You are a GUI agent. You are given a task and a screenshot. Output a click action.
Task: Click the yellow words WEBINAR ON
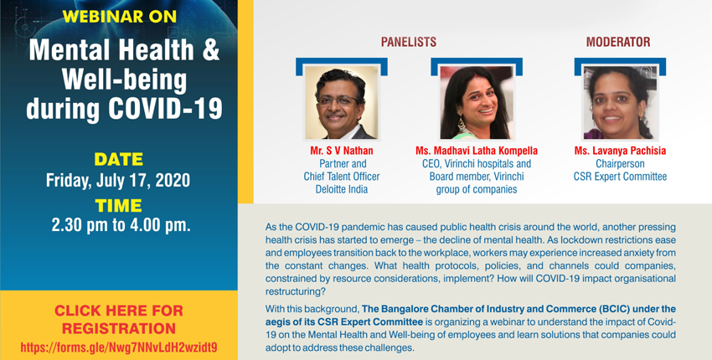point(120,17)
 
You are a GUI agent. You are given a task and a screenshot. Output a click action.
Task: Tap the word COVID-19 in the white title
point(165,109)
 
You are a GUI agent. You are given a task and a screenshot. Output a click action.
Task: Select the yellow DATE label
point(118,159)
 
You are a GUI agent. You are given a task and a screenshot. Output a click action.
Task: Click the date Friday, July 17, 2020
point(118,180)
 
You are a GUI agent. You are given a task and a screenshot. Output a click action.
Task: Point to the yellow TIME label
point(118,206)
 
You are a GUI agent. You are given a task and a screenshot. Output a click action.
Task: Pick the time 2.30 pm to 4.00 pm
point(121,225)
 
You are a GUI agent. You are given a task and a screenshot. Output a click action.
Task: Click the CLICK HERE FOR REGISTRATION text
point(118,319)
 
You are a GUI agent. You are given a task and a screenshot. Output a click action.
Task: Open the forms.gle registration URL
point(119,347)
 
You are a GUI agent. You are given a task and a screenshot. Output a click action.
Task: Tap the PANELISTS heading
point(409,42)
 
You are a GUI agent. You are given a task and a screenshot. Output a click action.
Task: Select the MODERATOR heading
point(618,42)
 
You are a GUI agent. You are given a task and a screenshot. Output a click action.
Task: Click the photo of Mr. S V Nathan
point(342,103)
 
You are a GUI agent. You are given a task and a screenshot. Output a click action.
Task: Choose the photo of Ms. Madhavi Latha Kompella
point(477,103)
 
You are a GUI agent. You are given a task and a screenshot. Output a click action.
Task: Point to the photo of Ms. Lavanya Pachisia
point(620,103)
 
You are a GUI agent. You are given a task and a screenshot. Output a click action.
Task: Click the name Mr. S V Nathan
point(342,151)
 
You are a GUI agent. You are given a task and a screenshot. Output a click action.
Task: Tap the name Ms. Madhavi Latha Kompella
point(477,151)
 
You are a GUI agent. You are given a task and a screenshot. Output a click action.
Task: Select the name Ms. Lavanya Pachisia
point(620,151)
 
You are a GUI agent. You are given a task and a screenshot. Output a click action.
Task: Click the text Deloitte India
point(342,189)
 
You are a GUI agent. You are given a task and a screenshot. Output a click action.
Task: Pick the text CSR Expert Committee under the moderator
point(620,177)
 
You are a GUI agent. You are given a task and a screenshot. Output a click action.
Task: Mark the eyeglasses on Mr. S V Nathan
point(338,100)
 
